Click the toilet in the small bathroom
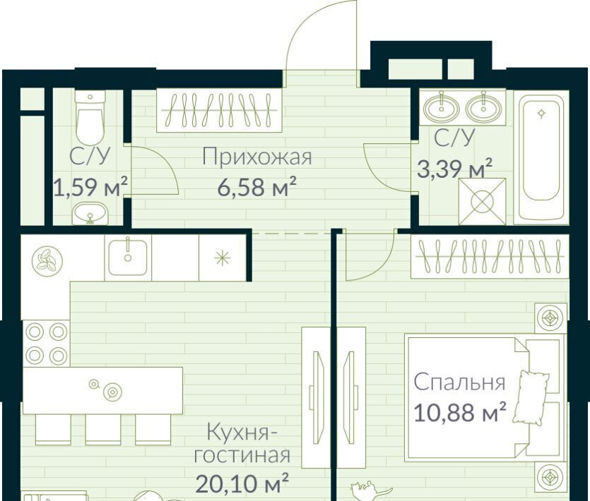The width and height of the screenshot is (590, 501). click(90, 117)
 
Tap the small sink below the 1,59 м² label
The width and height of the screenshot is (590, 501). click(90, 214)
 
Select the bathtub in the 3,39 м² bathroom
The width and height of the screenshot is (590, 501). click(541, 157)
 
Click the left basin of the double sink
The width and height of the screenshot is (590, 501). click(442, 109)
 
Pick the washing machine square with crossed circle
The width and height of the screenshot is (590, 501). click(482, 201)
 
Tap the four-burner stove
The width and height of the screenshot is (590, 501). click(47, 343)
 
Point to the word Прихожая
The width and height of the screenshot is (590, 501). click(257, 157)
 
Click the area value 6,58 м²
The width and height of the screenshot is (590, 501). click(257, 186)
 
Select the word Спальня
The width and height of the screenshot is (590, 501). click(459, 382)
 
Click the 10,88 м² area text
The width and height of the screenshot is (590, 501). click(460, 411)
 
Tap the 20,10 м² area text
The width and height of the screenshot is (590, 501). click(242, 483)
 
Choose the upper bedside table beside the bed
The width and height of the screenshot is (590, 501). click(550, 318)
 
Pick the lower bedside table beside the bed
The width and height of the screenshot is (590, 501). click(550, 477)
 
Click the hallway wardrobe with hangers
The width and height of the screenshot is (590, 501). click(219, 110)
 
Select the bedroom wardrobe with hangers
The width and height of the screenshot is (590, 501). click(490, 257)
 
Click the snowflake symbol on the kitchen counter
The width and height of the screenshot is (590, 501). click(222, 258)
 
